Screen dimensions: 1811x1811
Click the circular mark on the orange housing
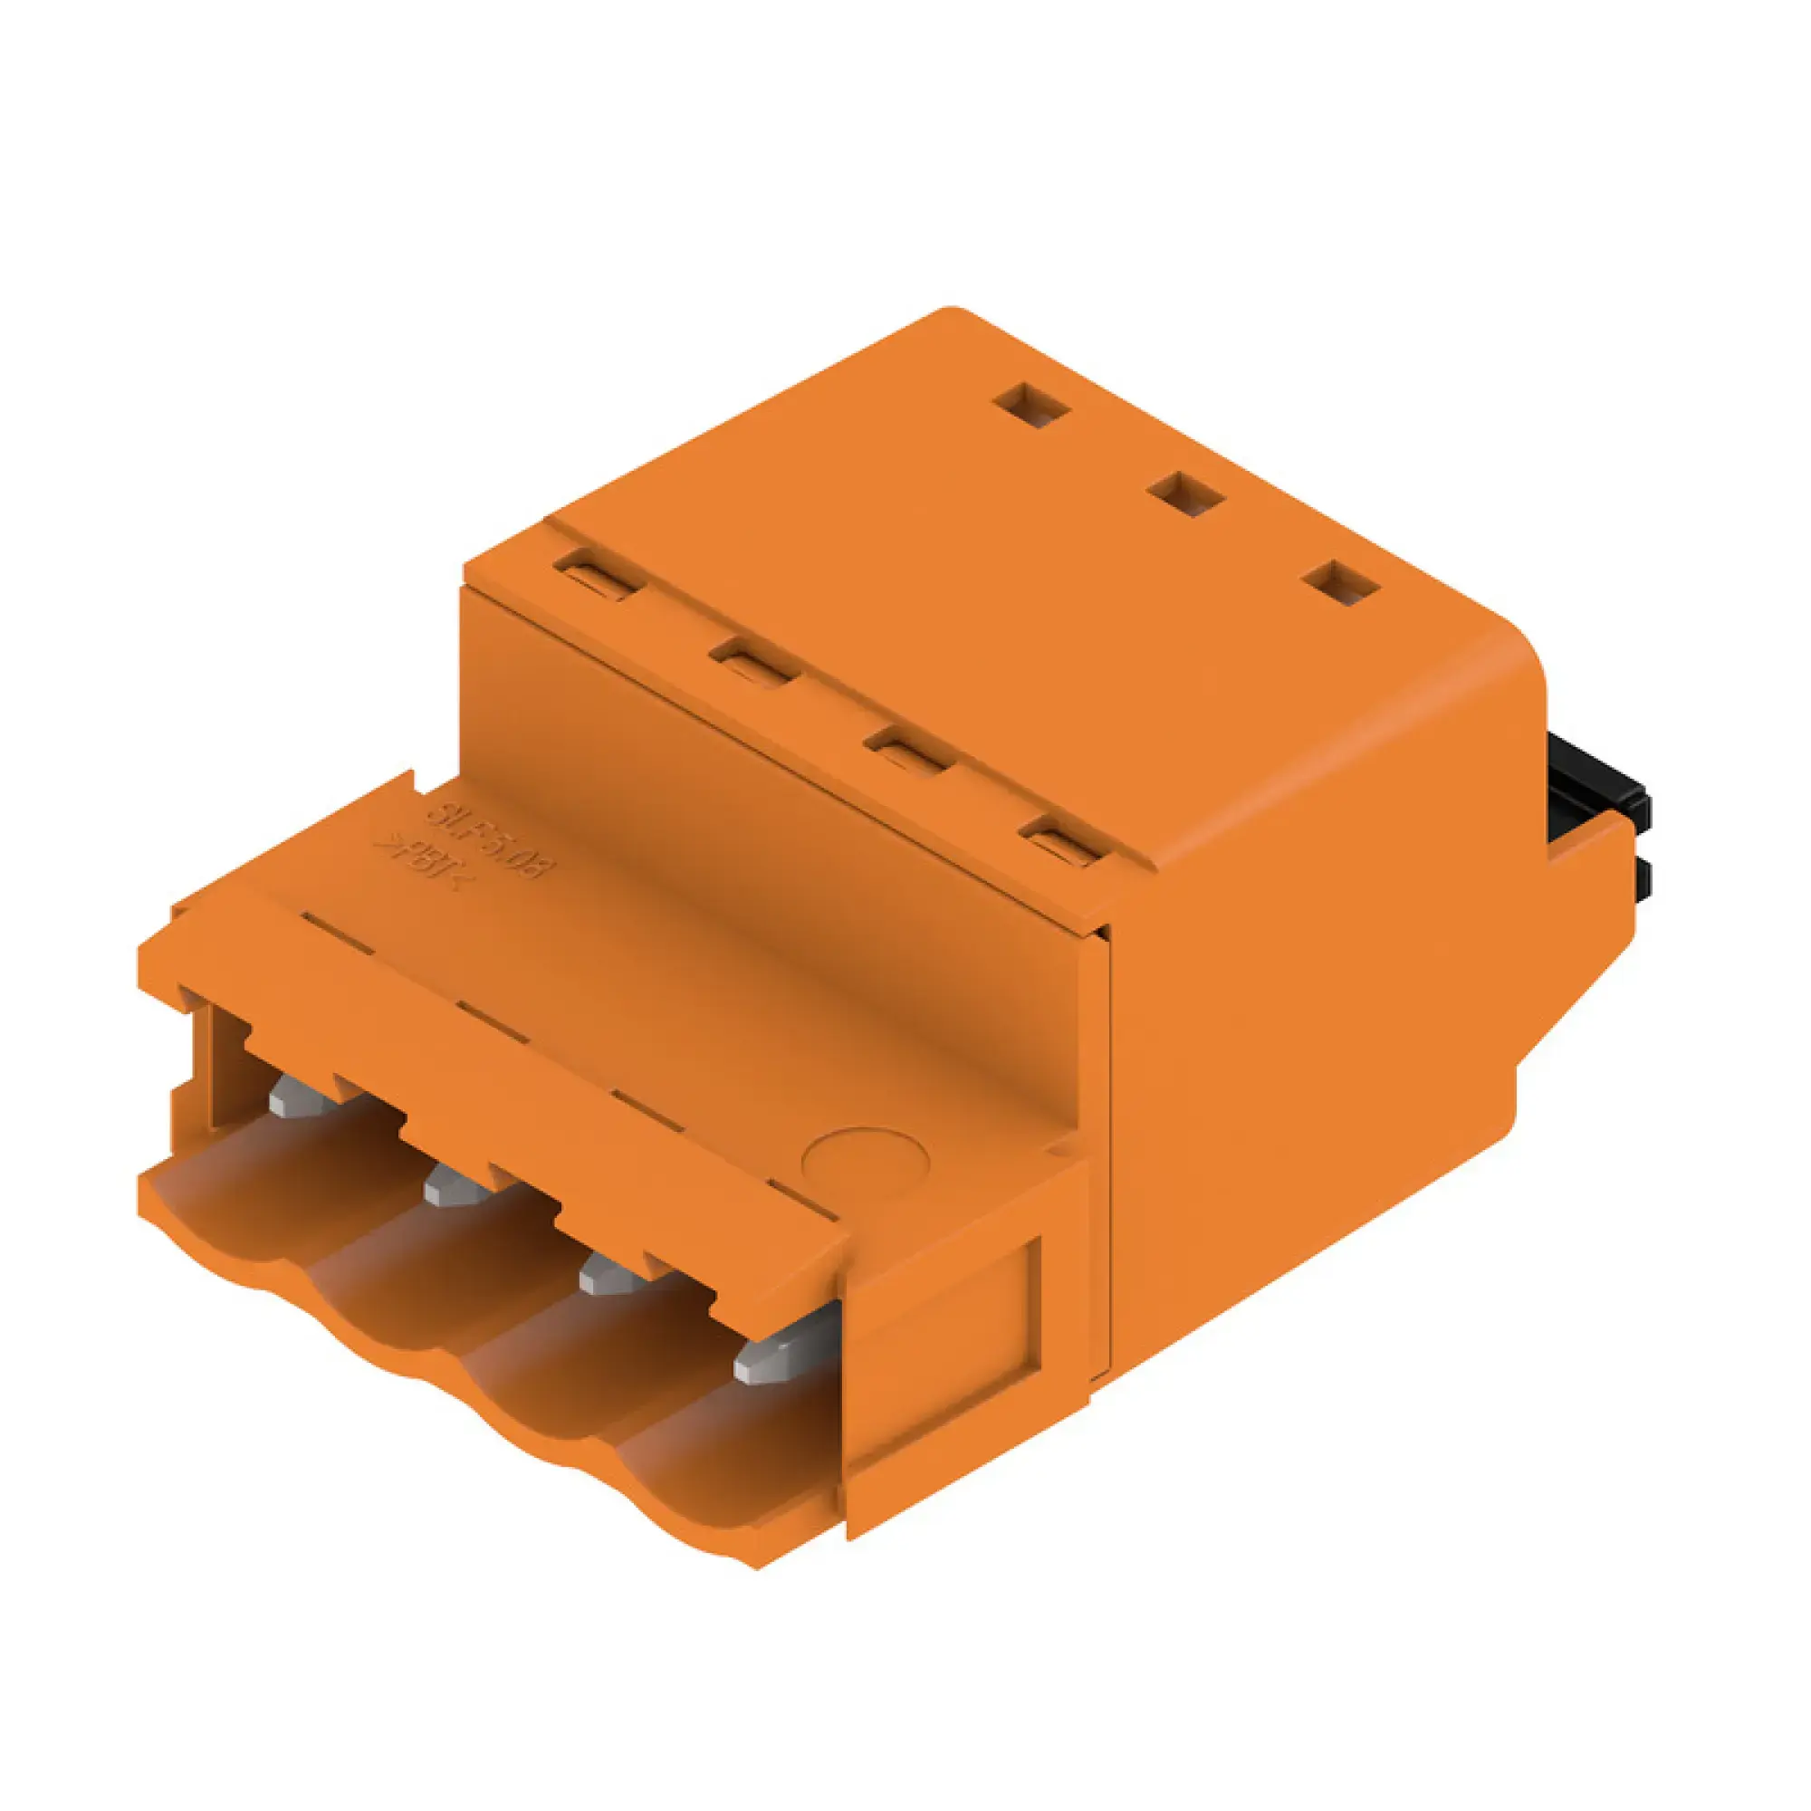point(865,1160)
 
